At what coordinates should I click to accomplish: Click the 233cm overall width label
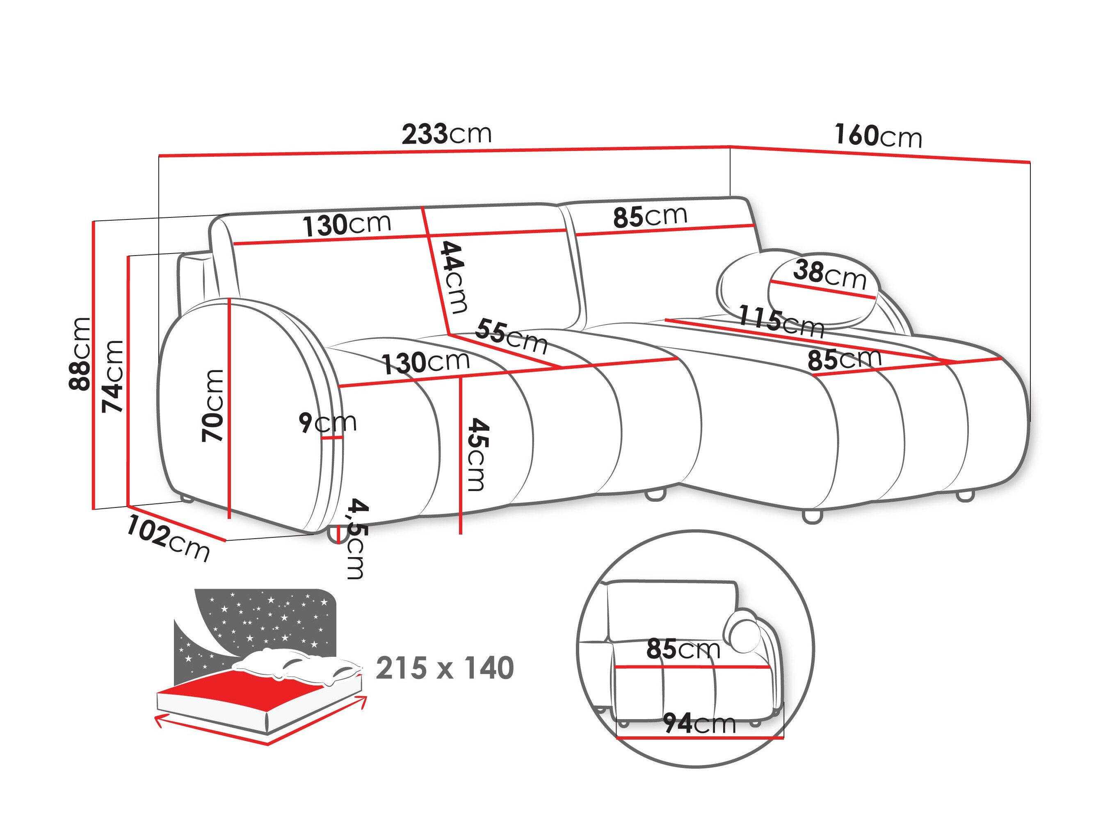click(446, 134)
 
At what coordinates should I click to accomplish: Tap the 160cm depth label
click(878, 136)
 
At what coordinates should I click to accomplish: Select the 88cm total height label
click(80, 354)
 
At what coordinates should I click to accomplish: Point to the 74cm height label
click(113, 377)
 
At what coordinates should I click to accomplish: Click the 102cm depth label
click(167, 538)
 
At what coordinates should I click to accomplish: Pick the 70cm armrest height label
click(212, 406)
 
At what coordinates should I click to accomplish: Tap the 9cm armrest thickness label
click(327, 422)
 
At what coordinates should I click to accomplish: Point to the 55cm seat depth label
click(511, 336)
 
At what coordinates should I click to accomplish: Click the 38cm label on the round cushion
click(830, 275)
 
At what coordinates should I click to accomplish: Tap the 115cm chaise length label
click(781, 321)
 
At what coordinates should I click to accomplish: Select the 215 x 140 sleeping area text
click(445, 668)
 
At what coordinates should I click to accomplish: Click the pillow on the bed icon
click(297, 666)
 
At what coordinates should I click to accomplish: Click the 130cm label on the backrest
click(347, 225)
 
